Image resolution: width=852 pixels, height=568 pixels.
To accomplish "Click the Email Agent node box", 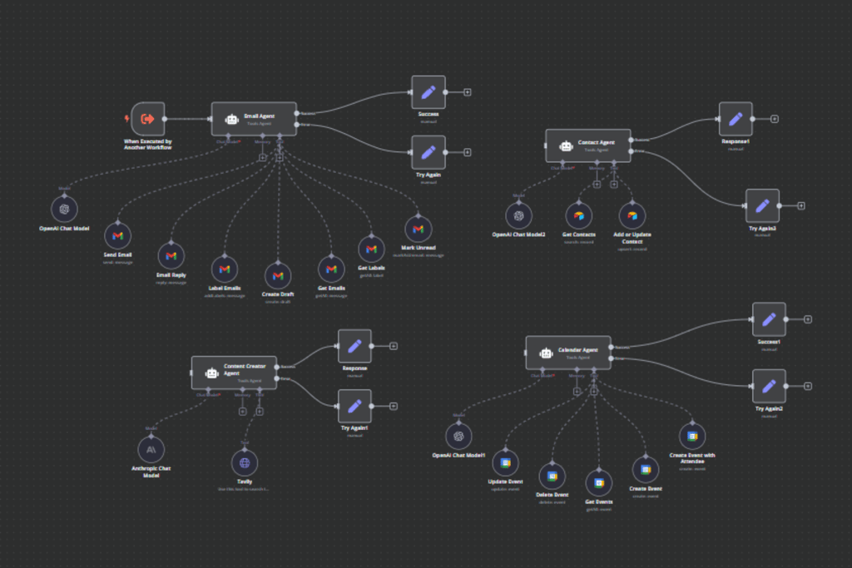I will click(254, 119).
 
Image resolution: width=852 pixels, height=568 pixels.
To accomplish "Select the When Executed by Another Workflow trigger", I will click(148, 119).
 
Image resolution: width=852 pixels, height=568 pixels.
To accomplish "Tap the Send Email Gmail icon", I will click(117, 236).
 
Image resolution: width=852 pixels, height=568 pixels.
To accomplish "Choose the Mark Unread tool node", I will click(418, 229).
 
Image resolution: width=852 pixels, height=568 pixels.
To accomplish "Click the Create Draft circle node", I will click(278, 275).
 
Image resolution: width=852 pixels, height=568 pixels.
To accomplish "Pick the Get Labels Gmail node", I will click(371, 249).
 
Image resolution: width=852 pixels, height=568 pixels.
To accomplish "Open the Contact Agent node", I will click(588, 146).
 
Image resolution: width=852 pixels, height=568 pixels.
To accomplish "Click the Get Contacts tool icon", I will click(578, 215).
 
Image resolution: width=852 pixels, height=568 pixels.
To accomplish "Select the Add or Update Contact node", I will click(632, 215).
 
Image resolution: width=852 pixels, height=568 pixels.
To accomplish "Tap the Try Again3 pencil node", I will click(762, 205).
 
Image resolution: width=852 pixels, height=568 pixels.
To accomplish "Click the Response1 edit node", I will click(736, 119).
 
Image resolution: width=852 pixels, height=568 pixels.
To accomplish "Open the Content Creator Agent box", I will click(234, 373).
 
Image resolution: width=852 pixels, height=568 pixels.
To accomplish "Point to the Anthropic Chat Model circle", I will click(151, 449).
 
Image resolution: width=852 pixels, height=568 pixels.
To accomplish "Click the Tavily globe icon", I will click(245, 462).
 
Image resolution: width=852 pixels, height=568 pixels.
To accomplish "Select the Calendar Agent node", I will click(568, 353).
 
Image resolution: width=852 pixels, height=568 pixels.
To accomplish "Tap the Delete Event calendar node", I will click(552, 476).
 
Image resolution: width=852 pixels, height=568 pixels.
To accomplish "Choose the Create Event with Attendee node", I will click(691, 436).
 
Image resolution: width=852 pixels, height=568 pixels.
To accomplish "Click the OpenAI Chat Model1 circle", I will click(458, 436).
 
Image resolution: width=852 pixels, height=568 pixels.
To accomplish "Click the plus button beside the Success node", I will click(468, 92).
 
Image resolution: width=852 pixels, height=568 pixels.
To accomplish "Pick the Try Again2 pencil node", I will click(769, 386).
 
